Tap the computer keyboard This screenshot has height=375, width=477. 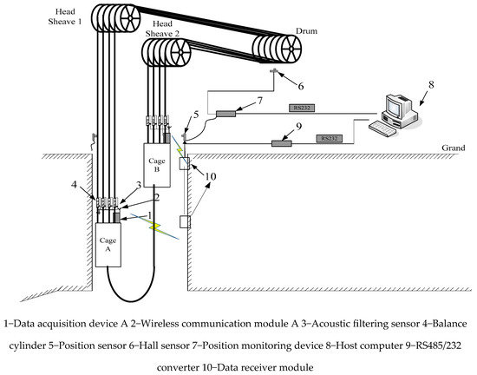(x=382, y=128)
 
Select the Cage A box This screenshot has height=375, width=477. (x=108, y=245)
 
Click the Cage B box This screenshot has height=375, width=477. (x=157, y=165)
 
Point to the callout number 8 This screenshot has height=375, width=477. (x=431, y=84)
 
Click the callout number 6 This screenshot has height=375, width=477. (x=301, y=87)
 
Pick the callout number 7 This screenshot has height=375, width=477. (x=259, y=101)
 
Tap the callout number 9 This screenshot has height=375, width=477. (x=298, y=126)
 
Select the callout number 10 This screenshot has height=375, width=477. (x=211, y=176)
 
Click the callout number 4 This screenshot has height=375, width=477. (x=75, y=184)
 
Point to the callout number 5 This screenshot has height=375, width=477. (x=196, y=115)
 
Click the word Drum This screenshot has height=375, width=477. (x=306, y=31)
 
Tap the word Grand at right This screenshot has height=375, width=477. (x=454, y=148)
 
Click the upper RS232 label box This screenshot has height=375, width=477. (x=301, y=108)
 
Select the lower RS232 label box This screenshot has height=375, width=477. (x=330, y=138)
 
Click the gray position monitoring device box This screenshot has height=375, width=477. (x=225, y=114)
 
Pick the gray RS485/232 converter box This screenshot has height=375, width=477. (x=281, y=143)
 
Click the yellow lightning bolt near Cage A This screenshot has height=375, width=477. (x=154, y=227)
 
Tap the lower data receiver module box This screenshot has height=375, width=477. (x=185, y=221)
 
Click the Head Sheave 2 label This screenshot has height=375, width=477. (x=162, y=29)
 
